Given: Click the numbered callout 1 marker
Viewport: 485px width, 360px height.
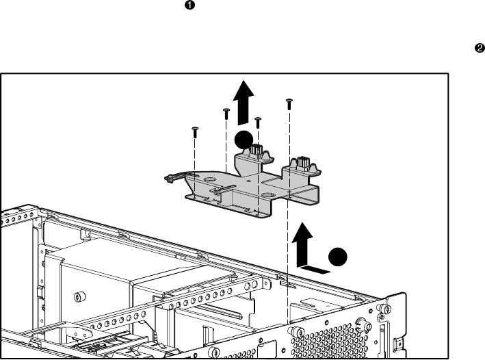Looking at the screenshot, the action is (189, 5).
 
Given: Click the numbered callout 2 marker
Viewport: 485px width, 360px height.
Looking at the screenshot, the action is (479, 49).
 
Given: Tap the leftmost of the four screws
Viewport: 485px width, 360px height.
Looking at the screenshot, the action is (195, 132).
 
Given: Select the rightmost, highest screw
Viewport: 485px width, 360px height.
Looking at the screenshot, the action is (289, 104).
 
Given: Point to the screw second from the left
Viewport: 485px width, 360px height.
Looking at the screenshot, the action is (226, 114).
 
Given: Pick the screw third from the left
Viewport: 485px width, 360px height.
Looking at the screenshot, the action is (258, 123).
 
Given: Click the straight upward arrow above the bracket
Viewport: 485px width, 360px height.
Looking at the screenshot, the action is (244, 103).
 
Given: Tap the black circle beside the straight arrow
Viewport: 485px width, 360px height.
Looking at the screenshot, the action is (244, 140).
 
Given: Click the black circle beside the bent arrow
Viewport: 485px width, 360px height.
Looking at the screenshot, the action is (338, 257).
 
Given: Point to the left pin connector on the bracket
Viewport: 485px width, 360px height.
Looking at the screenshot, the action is (255, 151).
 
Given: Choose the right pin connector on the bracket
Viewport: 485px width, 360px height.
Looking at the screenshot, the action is (303, 164).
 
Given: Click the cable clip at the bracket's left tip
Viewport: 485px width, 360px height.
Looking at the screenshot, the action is (170, 178).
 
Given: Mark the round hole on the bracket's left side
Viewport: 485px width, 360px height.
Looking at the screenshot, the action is (209, 179).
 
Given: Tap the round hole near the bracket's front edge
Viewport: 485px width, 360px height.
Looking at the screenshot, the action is (267, 194).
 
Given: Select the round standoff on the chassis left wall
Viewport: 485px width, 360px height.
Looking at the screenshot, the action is (80, 297).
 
